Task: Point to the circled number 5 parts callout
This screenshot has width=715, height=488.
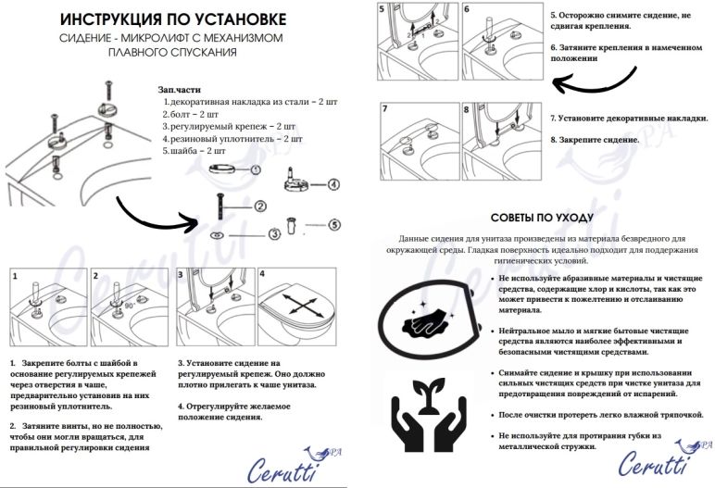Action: click(x=334, y=223)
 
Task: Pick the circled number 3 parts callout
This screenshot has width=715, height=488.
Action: click(x=275, y=234)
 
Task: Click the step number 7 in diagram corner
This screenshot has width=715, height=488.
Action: click(x=384, y=109)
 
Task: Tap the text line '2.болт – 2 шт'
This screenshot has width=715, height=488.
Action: click(x=191, y=113)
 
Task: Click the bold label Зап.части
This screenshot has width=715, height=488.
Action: click(x=179, y=89)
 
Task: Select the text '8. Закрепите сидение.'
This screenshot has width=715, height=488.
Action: click(x=595, y=139)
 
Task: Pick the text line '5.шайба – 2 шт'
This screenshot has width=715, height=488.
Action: click(x=194, y=149)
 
